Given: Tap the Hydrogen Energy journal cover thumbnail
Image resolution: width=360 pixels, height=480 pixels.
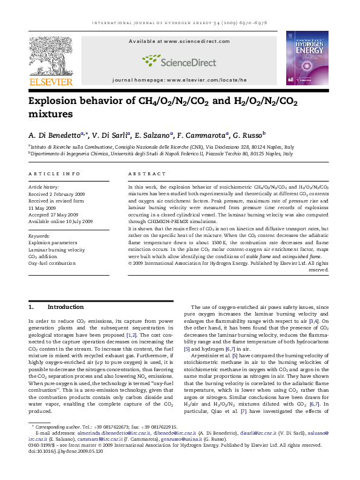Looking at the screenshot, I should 307,57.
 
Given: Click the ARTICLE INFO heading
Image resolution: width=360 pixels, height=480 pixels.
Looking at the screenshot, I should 54,174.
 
